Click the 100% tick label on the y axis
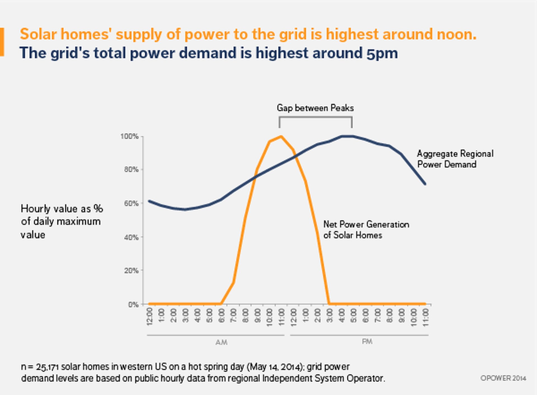click(129, 136)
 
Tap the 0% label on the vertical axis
click(133, 304)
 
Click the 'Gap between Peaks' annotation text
click(315, 108)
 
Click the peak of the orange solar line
click(281, 137)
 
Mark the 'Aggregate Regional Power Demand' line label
click(455, 159)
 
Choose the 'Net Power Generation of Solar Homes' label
click(366, 230)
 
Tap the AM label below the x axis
click(221, 342)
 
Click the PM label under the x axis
click(367, 342)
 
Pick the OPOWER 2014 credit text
click(503, 378)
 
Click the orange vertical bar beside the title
click(2, 42)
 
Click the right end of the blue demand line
click(425, 184)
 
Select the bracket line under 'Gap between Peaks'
click(315, 118)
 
